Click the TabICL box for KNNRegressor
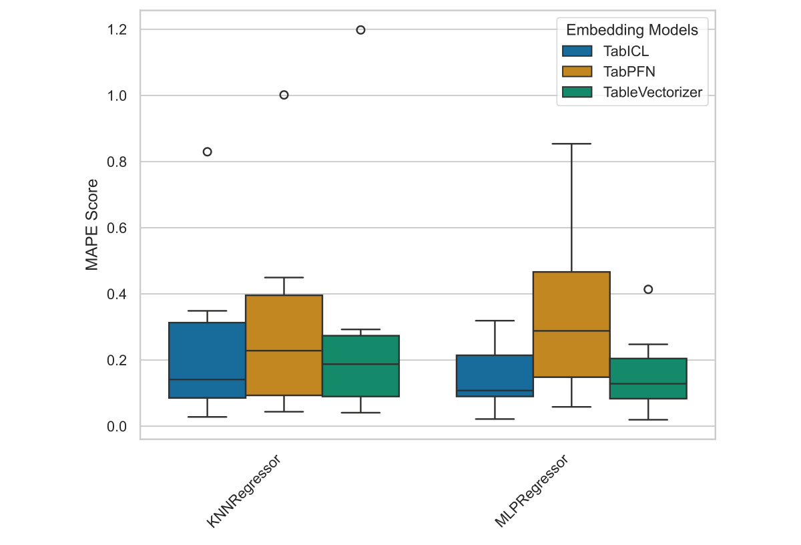[207, 360]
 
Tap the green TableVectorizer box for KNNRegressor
[360, 366]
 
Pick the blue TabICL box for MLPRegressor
[495, 375]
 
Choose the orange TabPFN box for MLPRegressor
[571, 324]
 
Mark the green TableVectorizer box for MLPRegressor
[648, 378]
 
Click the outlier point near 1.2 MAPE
[360, 30]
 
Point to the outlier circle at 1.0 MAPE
[284, 95]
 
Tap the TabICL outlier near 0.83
[207, 152]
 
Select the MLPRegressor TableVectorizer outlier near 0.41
[648, 289]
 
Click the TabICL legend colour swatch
[577, 51]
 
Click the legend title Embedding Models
[631, 30]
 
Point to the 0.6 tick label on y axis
[117, 228]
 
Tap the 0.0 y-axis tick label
[117, 426]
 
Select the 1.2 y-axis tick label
[117, 30]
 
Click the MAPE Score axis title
[92, 224]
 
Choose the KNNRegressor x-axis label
[244, 491]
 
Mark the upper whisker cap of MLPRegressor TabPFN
[571, 144]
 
